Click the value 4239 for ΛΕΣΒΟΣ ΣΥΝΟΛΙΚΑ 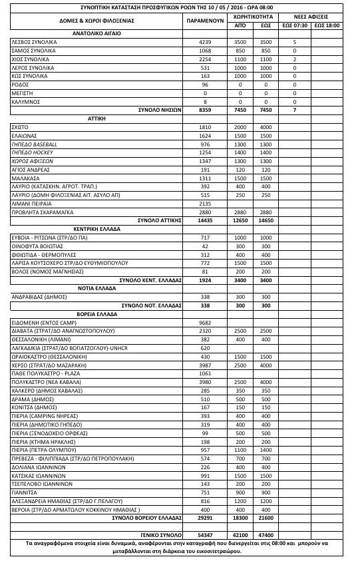[x=205, y=41]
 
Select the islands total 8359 [x=205, y=109]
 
